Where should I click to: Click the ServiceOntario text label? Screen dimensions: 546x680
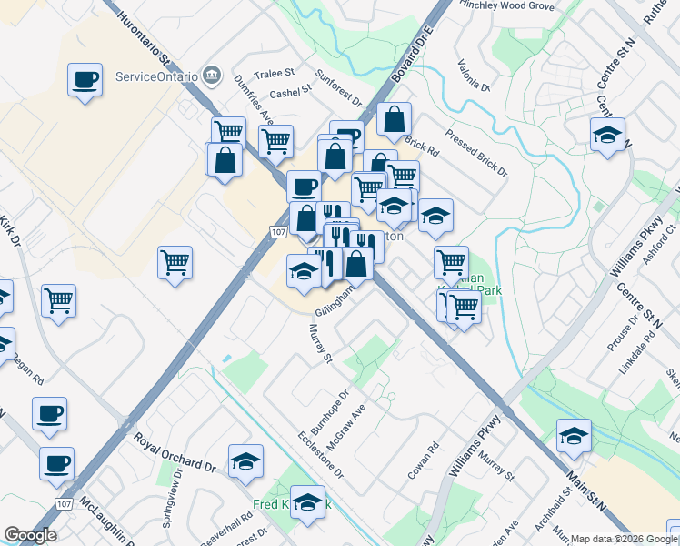click(x=156, y=76)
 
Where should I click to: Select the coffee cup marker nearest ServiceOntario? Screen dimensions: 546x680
click(x=85, y=80)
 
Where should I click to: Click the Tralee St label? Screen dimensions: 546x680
click(x=275, y=73)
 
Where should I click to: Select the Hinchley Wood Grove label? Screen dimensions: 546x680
click(x=507, y=6)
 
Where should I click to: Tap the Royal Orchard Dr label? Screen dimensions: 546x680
click(x=175, y=453)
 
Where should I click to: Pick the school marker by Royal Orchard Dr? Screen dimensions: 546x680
click(x=245, y=461)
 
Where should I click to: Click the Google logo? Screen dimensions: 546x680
click(x=30, y=535)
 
